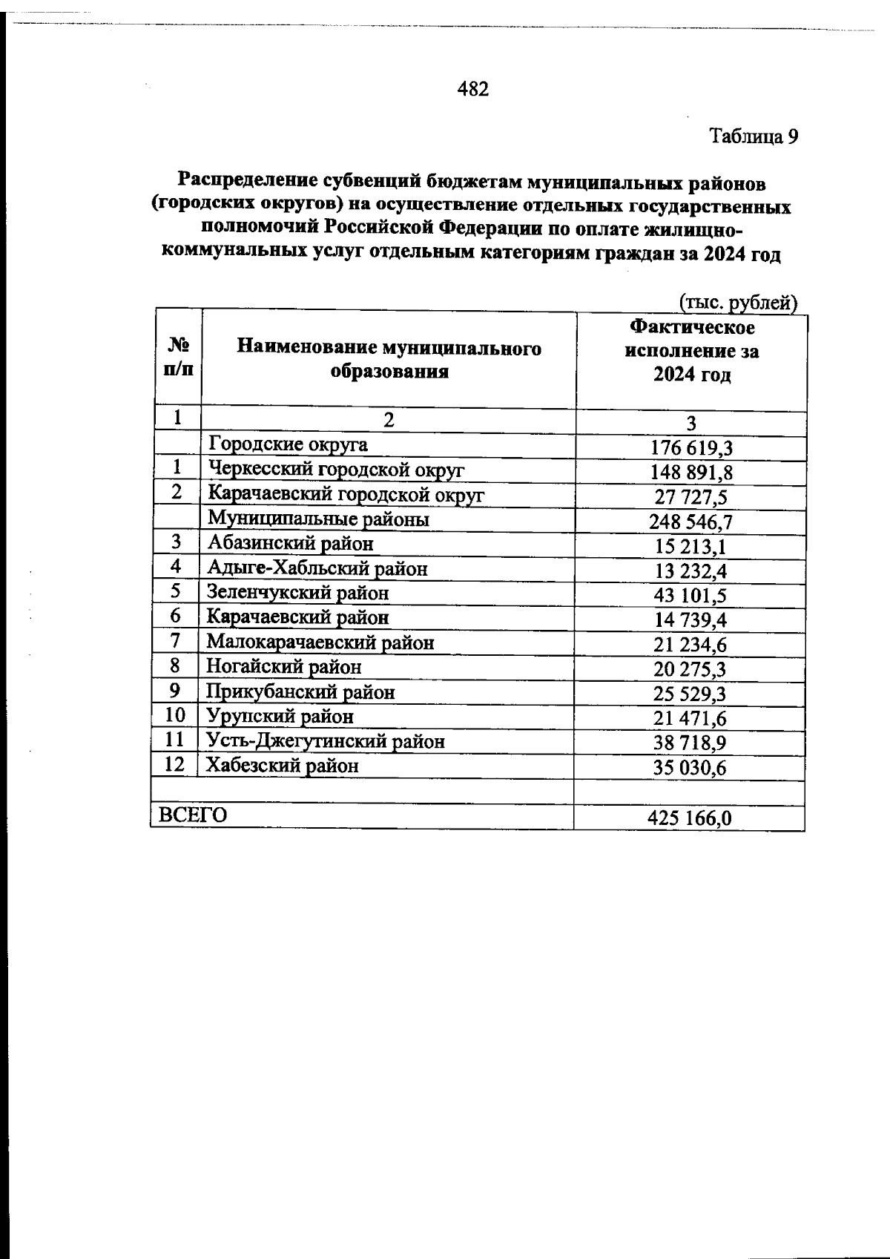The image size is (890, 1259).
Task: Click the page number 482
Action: coord(473,90)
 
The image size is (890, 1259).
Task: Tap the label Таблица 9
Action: coord(754,137)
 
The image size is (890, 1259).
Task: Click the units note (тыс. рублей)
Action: coord(738,303)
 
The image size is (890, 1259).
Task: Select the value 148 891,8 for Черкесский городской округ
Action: coord(691,473)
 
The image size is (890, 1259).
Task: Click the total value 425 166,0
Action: coord(690,818)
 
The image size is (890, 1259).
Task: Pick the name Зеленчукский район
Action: coord(297,593)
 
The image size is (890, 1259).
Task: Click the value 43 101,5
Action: coord(690,596)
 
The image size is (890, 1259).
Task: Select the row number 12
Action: coord(175,764)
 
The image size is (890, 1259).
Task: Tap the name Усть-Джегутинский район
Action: coord(326,740)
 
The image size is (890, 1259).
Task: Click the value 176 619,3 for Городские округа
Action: coord(691,448)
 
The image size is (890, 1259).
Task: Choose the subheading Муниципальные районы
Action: coord(319,519)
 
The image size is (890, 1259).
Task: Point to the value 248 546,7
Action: coord(690,522)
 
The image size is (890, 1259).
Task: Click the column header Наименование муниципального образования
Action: coord(389,360)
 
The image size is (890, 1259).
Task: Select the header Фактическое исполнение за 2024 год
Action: coord(691,351)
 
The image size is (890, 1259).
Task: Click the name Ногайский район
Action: coord(284,667)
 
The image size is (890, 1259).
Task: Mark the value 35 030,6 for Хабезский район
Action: coord(690,769)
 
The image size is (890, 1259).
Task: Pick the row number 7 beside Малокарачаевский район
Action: coord(176,641)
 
